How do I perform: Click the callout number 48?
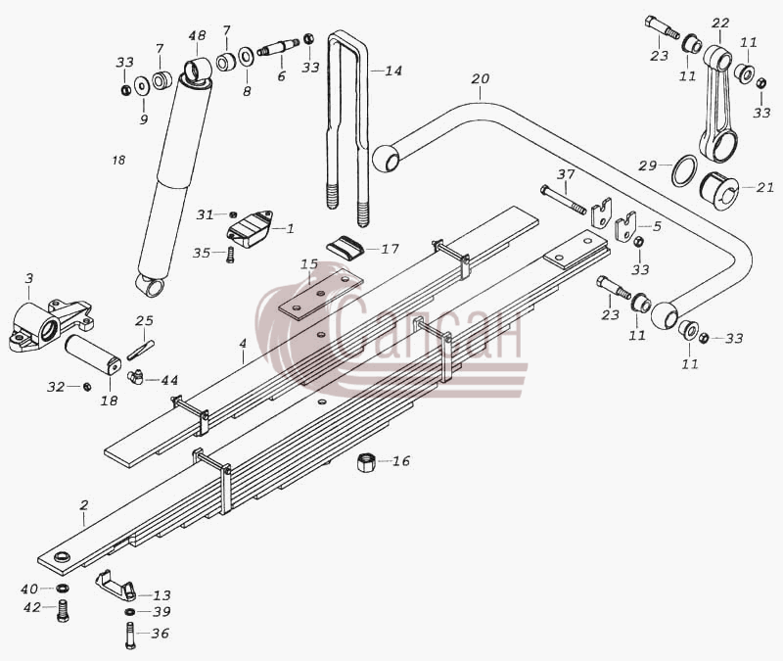[198, 36]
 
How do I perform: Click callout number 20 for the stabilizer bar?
[481, 79]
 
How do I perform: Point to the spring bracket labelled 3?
[50, 325]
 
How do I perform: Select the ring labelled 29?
[684, 170]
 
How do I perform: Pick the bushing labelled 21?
[718, 191]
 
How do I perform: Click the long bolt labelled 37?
[563, 200]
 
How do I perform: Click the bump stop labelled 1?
[250, 228]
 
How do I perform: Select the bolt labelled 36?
[129, 635]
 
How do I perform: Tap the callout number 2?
[84, 505]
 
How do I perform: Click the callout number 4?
[243, 344]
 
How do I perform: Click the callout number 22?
[720, 23]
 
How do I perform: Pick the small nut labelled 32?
[86, 387]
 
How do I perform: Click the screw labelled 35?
[230, 256]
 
